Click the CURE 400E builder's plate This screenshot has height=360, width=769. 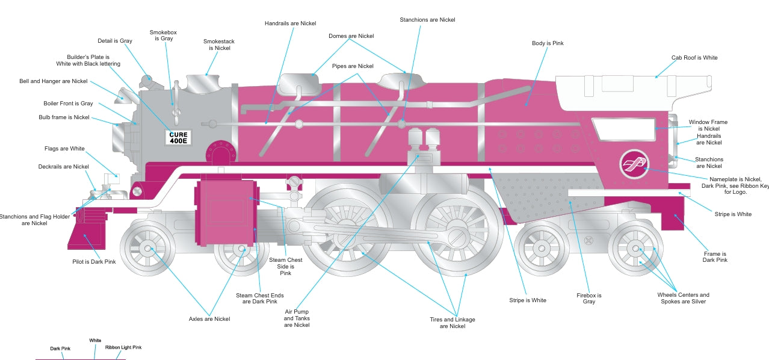tap(179, 137)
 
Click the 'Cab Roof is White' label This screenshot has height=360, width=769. tap(694, 58)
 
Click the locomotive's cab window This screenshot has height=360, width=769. tap(623, 129)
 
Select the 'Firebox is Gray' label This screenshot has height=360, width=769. tap(588, 299)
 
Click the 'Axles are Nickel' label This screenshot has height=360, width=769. tap(209, 318)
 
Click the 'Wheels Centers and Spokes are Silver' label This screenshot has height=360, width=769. tap(683, 298)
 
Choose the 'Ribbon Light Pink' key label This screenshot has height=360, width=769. tap(123, 347)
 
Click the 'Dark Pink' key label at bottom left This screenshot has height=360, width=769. tap(60, 349)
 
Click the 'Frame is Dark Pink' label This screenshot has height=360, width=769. tap(715, 257)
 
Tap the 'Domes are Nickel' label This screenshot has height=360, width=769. tap(351, 36)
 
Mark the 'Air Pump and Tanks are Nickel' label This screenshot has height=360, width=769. tap(297, 318)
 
